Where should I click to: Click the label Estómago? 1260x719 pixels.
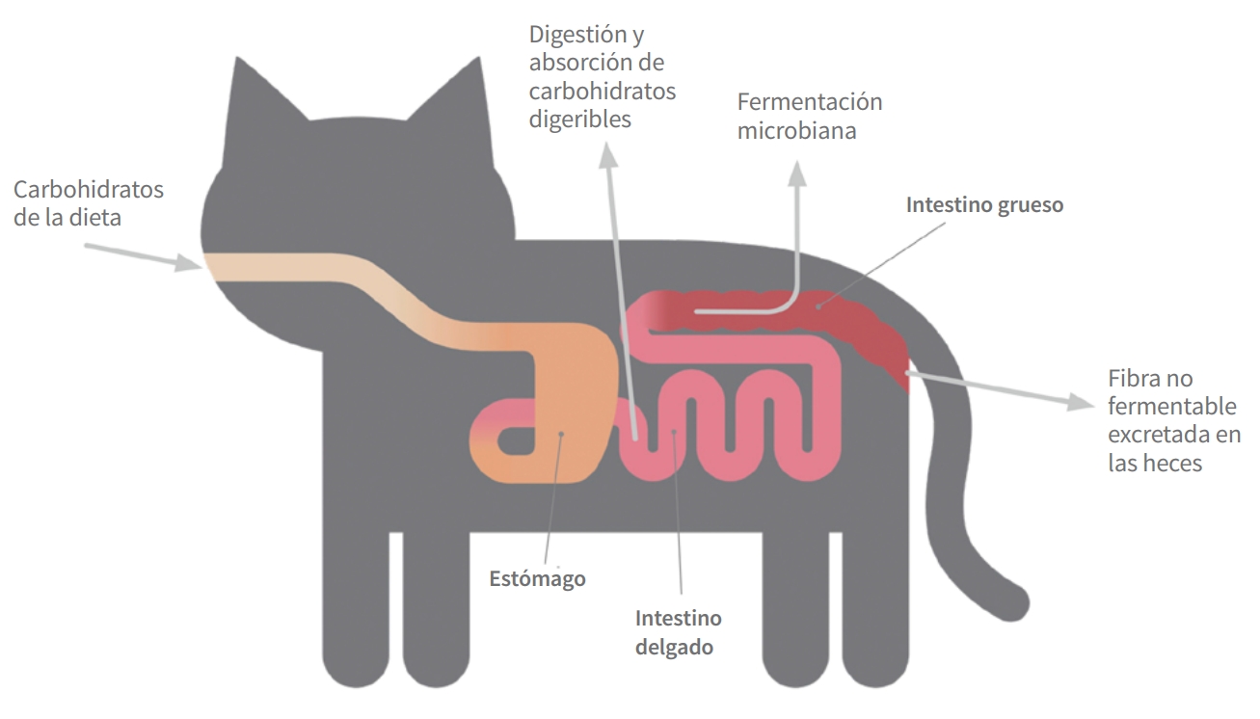(537, 578)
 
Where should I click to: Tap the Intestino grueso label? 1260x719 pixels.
(984, 205)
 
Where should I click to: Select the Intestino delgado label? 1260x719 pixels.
(679, 632)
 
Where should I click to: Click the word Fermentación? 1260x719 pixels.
(810, 102)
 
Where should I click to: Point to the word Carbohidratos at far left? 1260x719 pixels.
(89, 190)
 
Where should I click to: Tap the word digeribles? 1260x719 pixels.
(580, 120)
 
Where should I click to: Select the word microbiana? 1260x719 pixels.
(796, 131)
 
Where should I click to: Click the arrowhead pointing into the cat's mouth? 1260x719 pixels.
(188, 262)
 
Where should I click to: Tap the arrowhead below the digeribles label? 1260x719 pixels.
(607, 155)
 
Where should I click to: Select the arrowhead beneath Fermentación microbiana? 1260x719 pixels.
(796, 173)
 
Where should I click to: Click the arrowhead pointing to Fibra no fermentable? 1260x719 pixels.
(1081, 402)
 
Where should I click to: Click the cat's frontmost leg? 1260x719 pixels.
(356, 607)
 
